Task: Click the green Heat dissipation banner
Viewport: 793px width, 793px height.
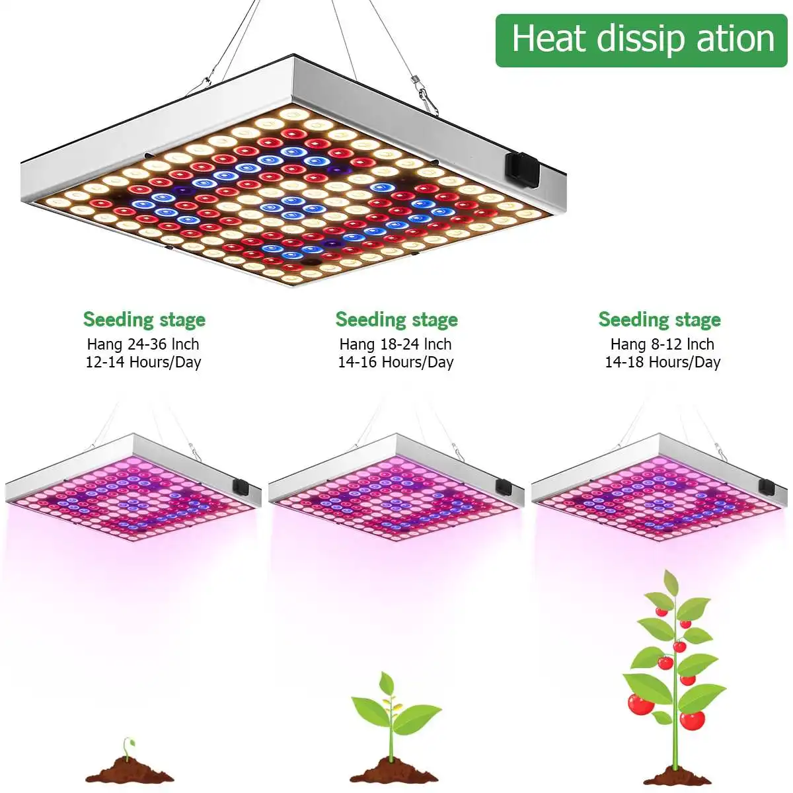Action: tap(641, 40)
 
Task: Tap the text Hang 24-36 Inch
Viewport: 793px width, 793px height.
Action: tap(143, 344)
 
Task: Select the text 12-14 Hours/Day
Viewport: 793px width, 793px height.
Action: tap(143, 362)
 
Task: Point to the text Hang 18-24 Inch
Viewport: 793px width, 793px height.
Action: tap(395, 344)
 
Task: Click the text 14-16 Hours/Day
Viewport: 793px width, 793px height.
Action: tap(395, 362)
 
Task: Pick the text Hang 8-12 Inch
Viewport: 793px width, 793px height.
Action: tap(662, 344)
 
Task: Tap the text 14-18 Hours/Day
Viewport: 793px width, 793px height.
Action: tap(662, 362)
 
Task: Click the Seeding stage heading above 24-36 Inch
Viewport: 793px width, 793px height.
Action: tap(144, 320)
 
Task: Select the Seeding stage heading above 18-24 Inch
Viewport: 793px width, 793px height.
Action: tap(397, 320)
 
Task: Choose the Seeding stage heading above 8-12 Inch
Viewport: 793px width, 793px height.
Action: tap(660, 320)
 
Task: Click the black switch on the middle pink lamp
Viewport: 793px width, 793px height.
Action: tap(504, 487)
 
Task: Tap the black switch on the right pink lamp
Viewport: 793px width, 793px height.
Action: tap(767, 487)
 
